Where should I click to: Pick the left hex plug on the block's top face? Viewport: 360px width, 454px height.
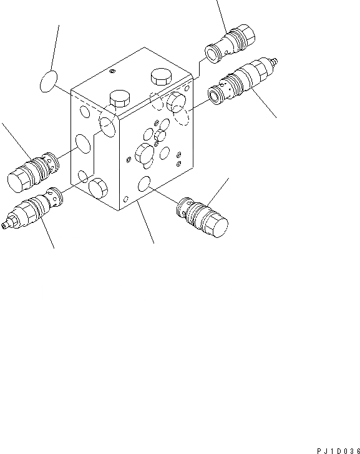[x=119, y=99]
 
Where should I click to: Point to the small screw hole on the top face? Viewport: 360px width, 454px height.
[x=112, y=72]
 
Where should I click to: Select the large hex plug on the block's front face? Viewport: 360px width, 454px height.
[x=143, y=154]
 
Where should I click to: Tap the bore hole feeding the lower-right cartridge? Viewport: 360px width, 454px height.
[x=144, y=183]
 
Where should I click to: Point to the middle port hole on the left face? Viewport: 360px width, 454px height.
[x=82, y=144]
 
